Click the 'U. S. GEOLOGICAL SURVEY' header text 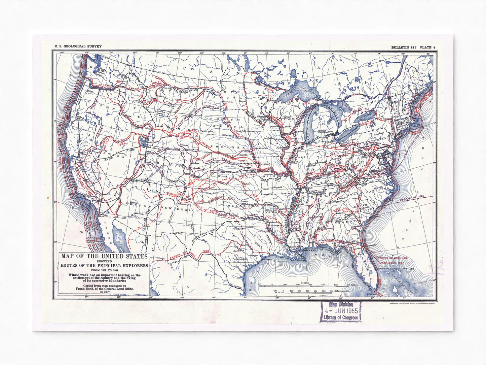(75, 47)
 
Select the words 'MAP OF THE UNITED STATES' (104, 256)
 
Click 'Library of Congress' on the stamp (340, 318)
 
